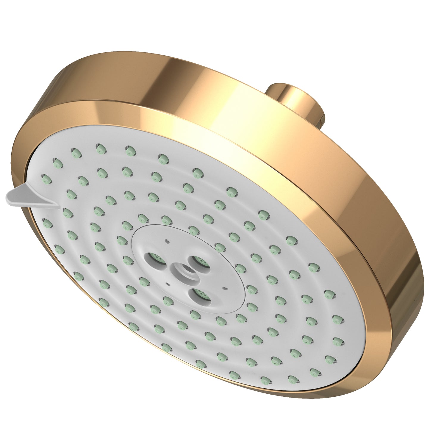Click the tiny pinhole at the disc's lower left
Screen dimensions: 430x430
click(x=168, y=284)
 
